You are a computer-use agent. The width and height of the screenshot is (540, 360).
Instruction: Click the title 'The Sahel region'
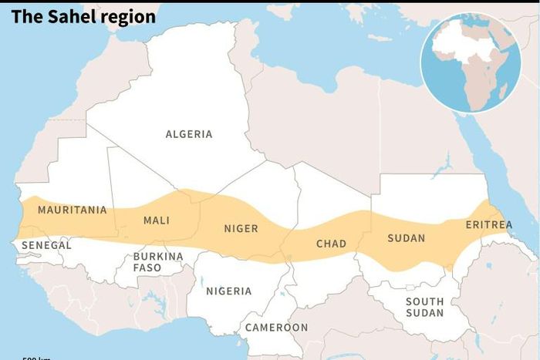(83, 16)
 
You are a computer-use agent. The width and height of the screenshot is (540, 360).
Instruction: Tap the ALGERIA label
(189, 134)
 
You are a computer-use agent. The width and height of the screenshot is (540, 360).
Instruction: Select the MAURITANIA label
(72, 210)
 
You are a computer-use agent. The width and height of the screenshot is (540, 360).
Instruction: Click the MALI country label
(156, 220)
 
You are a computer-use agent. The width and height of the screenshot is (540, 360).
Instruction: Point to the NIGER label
(241, 228)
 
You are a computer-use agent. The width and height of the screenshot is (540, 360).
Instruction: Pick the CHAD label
(331, 244)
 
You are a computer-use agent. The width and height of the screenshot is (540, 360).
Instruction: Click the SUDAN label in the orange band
(406, 238)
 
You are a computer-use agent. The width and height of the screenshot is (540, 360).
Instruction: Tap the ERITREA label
(488, 224)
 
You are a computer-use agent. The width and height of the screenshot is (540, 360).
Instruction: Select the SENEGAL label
(46, 245)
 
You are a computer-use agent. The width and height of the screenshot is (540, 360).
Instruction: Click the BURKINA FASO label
(157, 261)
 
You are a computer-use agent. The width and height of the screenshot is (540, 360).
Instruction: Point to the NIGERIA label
(228, 291)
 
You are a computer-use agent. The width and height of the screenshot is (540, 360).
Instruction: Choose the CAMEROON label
(276, 327)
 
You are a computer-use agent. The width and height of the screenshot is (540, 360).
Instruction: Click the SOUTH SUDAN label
(425, 307)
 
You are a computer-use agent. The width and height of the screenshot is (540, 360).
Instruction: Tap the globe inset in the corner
(470, 62)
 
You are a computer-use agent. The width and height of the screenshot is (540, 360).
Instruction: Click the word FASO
(147, 267)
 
